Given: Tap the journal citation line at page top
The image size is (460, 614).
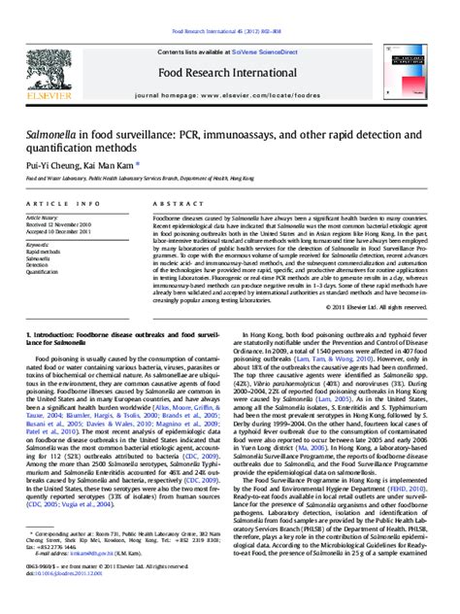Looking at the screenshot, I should (x=229, y=9).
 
